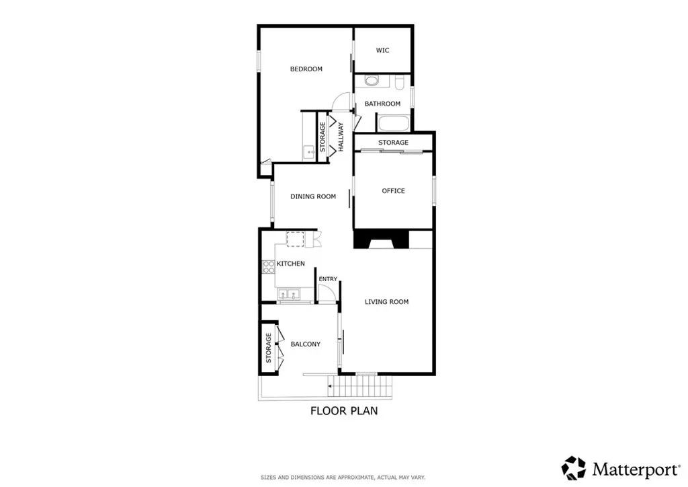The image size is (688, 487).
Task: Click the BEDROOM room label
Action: pos(306,69)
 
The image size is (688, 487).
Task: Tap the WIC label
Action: pos(382,50)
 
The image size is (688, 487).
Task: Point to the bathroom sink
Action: pos(372,81)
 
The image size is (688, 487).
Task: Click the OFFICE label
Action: pos(393,191)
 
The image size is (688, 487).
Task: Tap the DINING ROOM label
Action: pos(312,197)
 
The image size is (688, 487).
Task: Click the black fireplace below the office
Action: pos(382,239)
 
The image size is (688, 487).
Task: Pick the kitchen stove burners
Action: pos(267,266)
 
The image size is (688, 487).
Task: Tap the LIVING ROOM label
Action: pos(386,302)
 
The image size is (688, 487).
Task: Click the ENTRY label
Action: pos(328,279)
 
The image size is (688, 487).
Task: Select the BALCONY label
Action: pos(305,344)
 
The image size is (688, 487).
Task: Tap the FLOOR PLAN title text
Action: pos(343,411)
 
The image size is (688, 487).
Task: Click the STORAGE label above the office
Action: pos(393,143)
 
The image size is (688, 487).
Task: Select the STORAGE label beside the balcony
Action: pos(268,348)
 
